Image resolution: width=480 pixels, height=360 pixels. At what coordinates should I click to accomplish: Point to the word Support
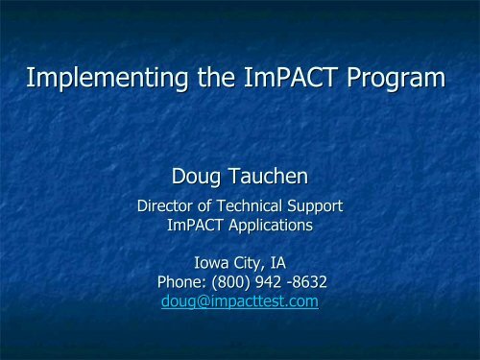click(x=317, y=204)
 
